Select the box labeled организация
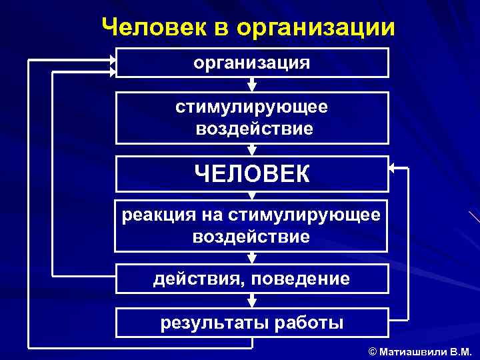click(252, 63)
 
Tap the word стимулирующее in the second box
click(252, 107)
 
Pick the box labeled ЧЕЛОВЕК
click(252, 174)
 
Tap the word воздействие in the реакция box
click(251, 237)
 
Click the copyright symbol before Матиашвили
click(373, 351)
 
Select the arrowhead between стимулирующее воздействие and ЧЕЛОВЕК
click(252, 151)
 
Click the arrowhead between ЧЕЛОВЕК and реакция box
click(252, 195)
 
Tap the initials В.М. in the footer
click(461, 351)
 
